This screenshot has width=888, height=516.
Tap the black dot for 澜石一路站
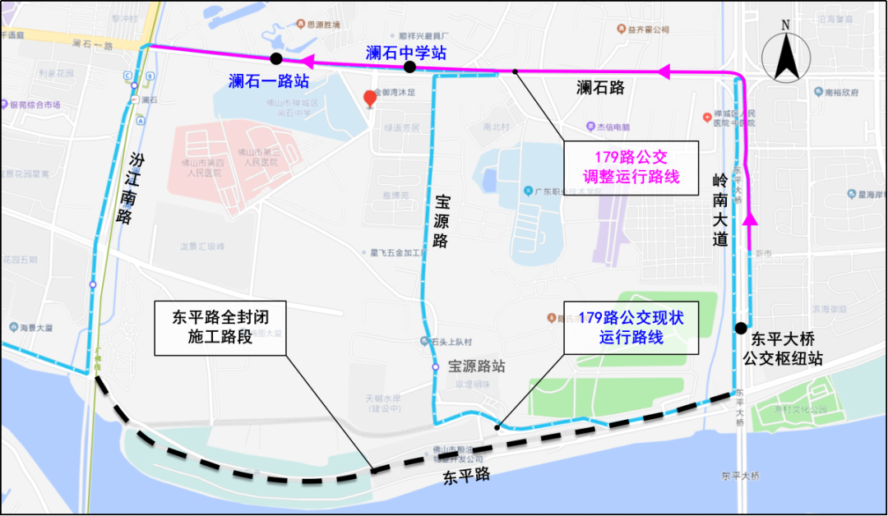(276, 58)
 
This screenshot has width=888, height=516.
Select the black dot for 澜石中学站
(409, 67)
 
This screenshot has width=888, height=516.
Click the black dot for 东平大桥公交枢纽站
(741, 329)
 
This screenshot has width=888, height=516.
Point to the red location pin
(370, 99)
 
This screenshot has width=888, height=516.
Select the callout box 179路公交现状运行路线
(631, 326)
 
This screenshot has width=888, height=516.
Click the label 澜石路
(600, 88)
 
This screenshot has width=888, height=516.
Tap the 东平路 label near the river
(466, 474)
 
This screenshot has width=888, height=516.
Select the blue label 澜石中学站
(406, 53)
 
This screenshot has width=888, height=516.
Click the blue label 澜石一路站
(269, 81)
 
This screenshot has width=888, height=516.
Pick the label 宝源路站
(477, 366)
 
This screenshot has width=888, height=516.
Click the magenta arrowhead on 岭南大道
(750, 218)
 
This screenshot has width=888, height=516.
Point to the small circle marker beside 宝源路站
(436, 367)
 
